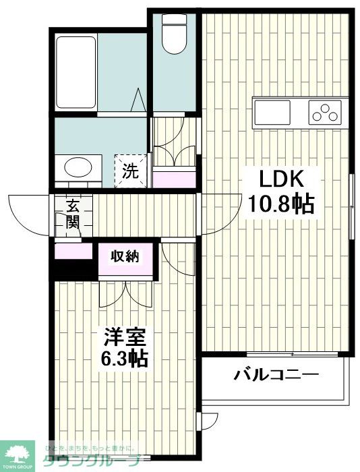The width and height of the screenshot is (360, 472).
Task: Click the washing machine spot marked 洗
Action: pos(131,171)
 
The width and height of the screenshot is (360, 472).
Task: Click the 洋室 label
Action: pos(125,336)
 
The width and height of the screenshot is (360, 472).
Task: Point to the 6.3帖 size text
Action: pos(125,357)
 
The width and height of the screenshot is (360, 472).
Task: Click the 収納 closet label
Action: pos(125,256)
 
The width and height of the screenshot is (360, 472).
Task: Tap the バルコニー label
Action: pos(276,374)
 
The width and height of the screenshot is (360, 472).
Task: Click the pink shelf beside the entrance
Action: pos(73,252)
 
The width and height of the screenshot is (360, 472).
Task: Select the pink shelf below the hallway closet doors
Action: pos(174,178)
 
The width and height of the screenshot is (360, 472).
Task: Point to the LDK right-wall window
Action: pos(351,206)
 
